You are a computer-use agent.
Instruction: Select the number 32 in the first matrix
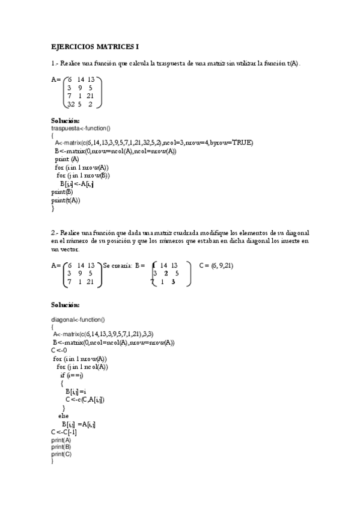pos(71,104)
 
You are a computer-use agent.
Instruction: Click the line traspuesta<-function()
pos(81,128)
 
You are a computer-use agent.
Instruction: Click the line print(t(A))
pos(66,200)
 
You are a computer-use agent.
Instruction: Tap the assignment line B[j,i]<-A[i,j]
pos(76,184)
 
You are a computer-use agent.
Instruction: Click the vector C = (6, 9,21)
pos(216,265)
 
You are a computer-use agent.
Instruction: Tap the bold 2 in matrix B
pos(166,273)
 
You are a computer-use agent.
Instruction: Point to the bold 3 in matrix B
pos(172,281)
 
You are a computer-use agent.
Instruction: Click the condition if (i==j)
pos(72,375)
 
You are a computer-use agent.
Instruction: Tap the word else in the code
pos(63,416)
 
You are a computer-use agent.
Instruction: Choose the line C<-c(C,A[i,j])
pos(85,399)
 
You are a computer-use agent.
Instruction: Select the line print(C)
pos(61,454)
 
